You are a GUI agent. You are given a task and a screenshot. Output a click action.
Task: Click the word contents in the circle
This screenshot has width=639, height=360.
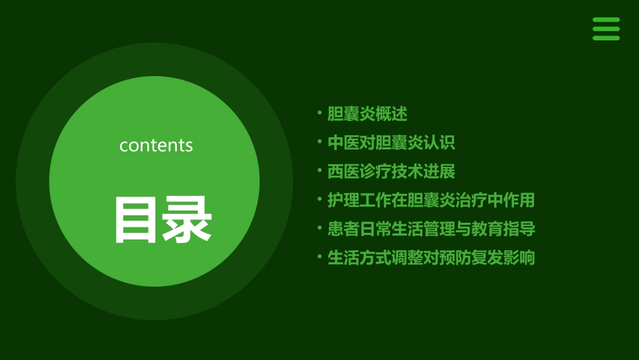156,145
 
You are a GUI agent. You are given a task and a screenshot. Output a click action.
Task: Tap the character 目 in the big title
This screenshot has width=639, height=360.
137,219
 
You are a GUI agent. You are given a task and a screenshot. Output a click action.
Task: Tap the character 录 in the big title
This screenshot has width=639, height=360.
186,219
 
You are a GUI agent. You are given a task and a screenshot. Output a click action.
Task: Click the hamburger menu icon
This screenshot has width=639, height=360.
605,29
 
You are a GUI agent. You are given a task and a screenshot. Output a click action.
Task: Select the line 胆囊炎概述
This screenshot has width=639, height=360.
367,114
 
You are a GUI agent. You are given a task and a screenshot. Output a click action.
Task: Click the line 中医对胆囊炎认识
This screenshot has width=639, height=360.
391,143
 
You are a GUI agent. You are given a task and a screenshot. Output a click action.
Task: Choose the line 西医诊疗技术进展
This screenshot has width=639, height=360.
391,172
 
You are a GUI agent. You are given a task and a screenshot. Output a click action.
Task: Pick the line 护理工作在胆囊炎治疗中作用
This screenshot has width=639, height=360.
430,200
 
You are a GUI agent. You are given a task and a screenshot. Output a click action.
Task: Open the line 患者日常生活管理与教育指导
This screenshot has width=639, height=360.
431,229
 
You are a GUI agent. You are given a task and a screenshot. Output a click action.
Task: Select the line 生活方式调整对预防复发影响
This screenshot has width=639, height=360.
430,258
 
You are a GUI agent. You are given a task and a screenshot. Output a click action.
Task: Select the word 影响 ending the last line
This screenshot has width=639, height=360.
519,258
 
